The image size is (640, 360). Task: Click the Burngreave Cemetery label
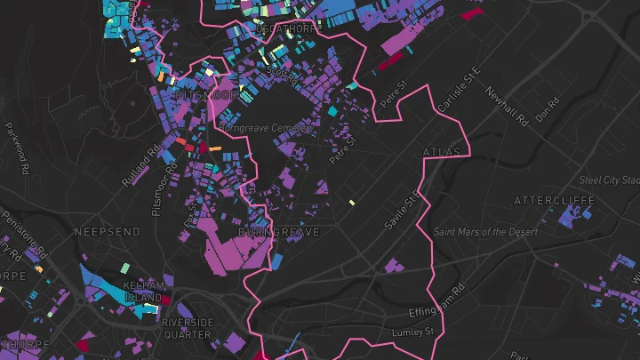(265, 128)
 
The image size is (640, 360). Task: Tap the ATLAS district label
(443, 152)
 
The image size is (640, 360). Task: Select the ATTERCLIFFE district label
(554, 201)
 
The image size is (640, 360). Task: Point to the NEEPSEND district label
(107, 231)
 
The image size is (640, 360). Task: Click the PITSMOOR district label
(207, 93)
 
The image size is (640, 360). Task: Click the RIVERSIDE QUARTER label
(188, 328)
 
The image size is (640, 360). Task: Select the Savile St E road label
(401, 210)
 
